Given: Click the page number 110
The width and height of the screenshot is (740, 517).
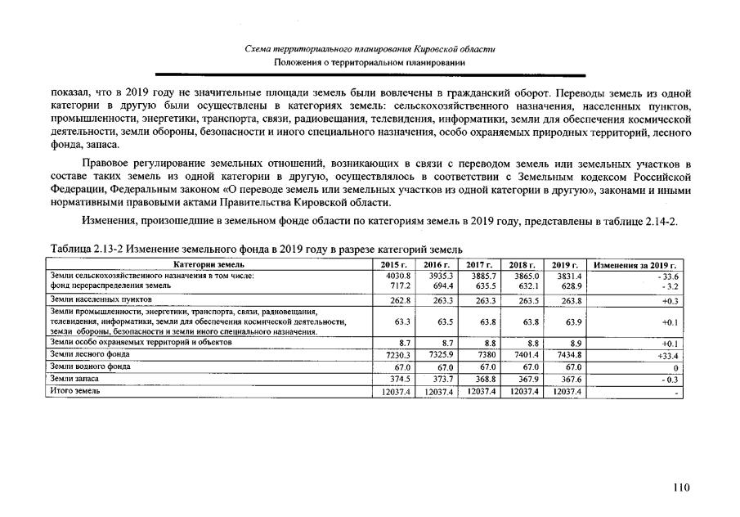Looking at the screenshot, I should click(681, 488).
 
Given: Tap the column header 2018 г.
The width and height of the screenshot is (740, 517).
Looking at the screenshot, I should click(522, 265).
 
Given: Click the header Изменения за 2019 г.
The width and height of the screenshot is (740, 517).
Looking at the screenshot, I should click(639, 265).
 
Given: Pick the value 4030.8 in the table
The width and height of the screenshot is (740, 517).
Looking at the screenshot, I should click(397, 276).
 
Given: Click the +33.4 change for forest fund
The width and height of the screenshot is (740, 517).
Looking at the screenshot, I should click(669, 356).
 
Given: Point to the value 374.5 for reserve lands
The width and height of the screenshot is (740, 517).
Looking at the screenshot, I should click(398, 379).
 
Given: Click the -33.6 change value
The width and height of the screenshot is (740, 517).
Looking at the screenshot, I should click(671, 276).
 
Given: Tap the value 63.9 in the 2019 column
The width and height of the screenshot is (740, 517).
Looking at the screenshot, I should click(570, 322).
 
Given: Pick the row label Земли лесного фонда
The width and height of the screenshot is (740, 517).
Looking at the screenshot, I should click(90, 354).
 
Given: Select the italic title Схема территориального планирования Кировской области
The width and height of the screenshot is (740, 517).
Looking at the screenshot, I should click(370, 50).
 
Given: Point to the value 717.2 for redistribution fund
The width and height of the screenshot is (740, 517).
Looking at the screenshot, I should click(398, 286).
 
